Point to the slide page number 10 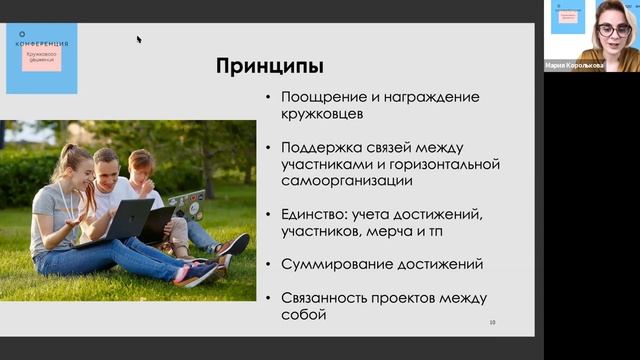click(492, 322)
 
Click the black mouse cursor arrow click(139, 40)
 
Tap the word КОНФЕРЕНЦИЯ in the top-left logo click(40, 45)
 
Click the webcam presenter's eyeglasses click(613, 30)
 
